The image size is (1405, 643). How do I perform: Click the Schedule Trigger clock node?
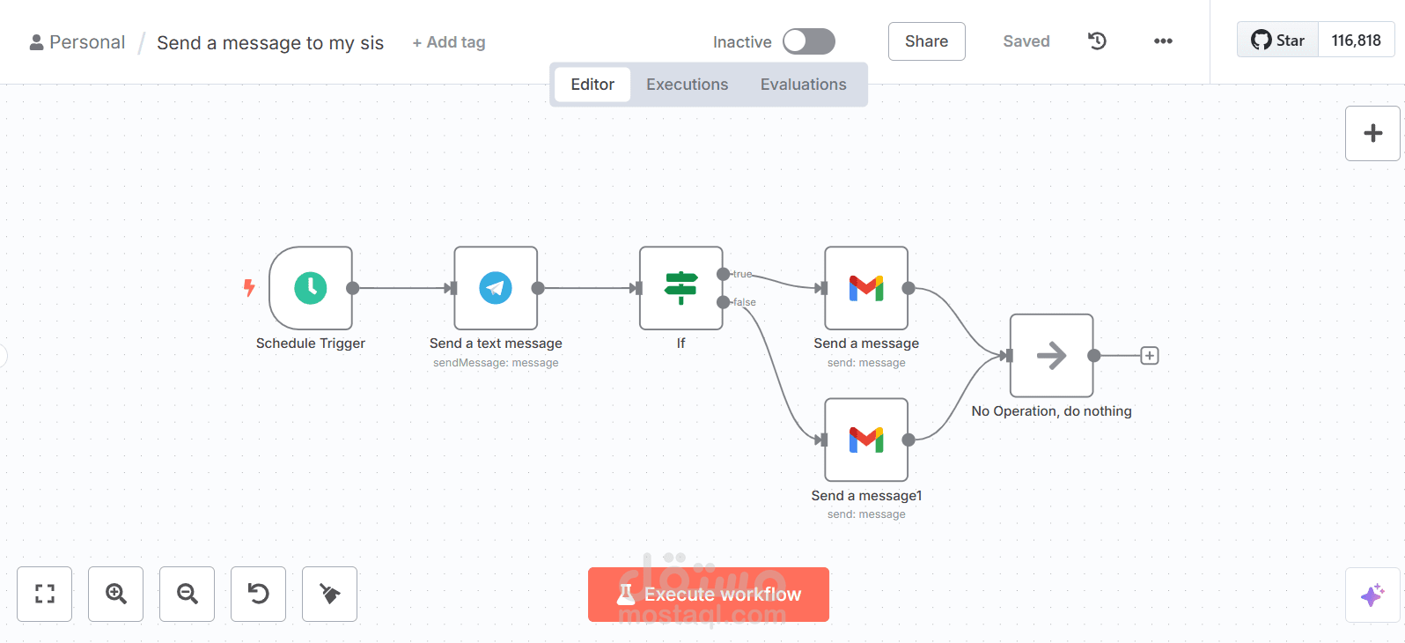(x=311, y=288)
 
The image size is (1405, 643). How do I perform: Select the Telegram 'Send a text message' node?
(x=496, y=288)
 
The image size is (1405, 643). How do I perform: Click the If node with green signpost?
(x=681, y=288)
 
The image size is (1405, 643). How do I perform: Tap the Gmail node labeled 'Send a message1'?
(x=866, y=440)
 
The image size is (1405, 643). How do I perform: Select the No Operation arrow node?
(x=1052, y=356)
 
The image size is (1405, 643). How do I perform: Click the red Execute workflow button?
(x=708, y=594)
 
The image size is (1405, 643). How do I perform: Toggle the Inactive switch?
(x=808, y=41)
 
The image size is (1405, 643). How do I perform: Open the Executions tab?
(x=687, y=84)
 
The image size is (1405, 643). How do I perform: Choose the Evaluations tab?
(x=803, y=84)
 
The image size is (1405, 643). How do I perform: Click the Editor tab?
(x=592, y=84)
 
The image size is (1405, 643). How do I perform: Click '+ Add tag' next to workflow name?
(x=448, y=42)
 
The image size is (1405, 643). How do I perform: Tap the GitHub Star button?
(x=1277, y=41)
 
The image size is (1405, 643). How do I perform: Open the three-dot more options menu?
(x=1163, y=41)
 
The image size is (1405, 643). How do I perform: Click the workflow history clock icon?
(x=1097, y=41)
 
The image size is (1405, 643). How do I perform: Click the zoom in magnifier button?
(x=115, y=594)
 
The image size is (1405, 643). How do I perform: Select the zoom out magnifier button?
(x=187, y=594)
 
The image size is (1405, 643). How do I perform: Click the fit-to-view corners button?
(x=45, y=594)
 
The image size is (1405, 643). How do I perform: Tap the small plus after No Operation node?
(x=1149, y=356)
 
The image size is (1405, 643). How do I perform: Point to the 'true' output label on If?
(x=742, y=274)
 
